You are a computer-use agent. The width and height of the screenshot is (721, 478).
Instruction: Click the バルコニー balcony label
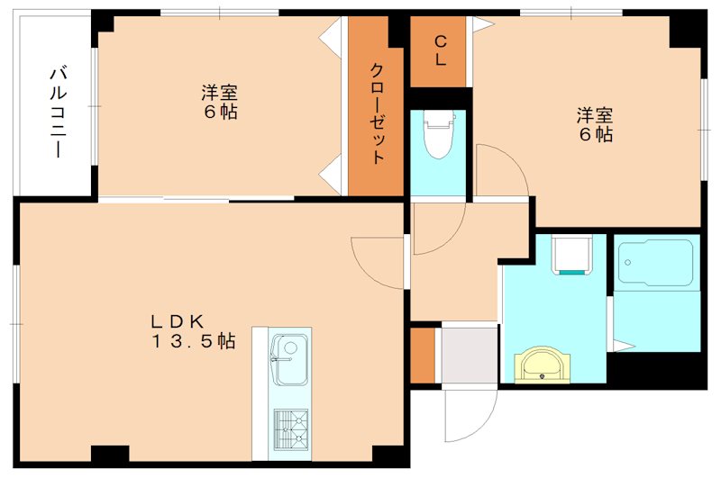coord(56,112)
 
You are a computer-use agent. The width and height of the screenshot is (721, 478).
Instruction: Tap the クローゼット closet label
coord(378,113)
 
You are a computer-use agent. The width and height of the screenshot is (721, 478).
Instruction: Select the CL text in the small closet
coord(441,50)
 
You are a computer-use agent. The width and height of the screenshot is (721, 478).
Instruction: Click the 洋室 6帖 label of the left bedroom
coord(220,103)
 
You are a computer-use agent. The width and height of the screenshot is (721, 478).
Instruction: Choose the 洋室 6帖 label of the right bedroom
coord(595,124)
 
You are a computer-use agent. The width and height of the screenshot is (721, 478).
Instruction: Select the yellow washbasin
coord(542,365)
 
